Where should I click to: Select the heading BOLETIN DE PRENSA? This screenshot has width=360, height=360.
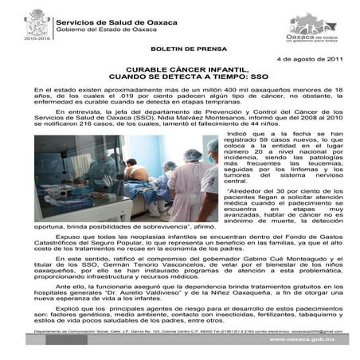(179, 49)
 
